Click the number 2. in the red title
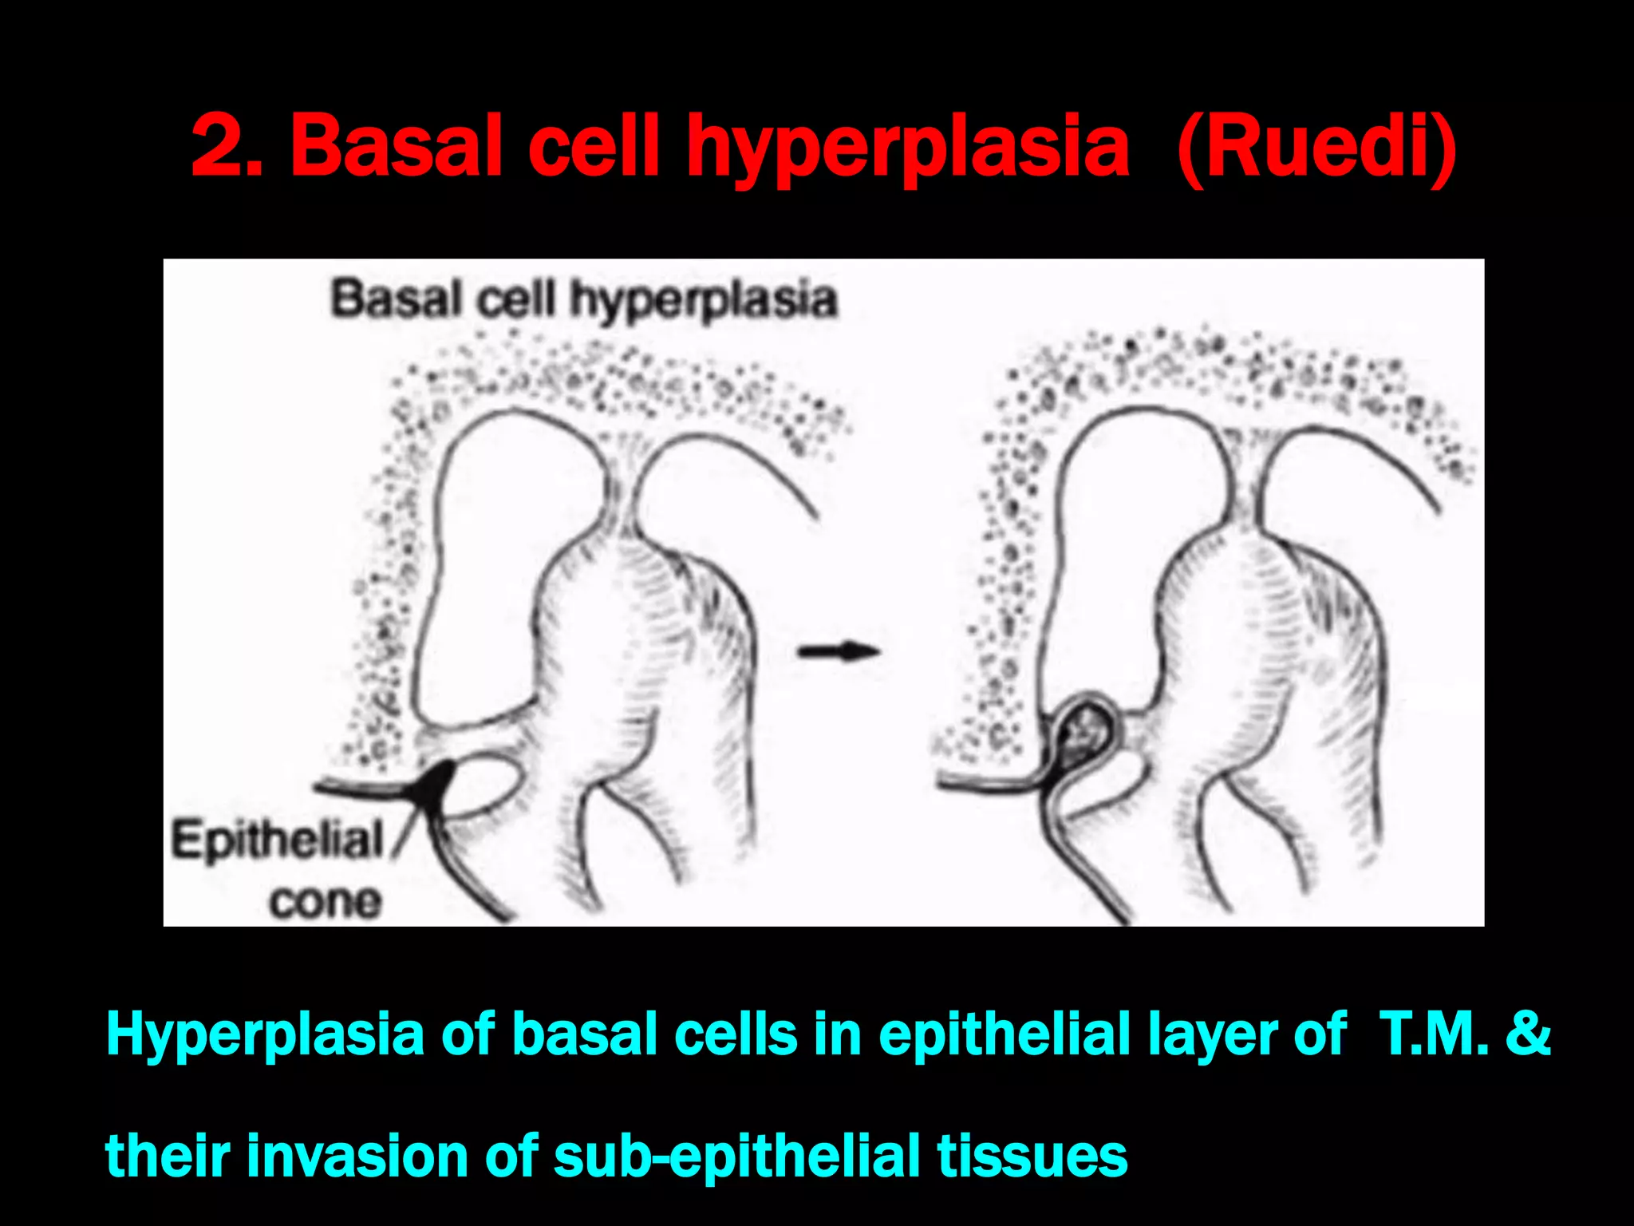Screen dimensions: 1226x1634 click(x=227, y=145)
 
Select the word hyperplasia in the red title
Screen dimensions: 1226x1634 click(x=908, y=148)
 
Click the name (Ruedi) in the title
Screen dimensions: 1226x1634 click(x=1316, y=147)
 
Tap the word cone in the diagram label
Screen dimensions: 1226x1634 click(x=326, y=902)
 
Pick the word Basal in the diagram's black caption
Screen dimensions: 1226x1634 click(x=397, y=299)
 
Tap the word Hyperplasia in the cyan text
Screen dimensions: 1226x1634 click(x=265, y=1034)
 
